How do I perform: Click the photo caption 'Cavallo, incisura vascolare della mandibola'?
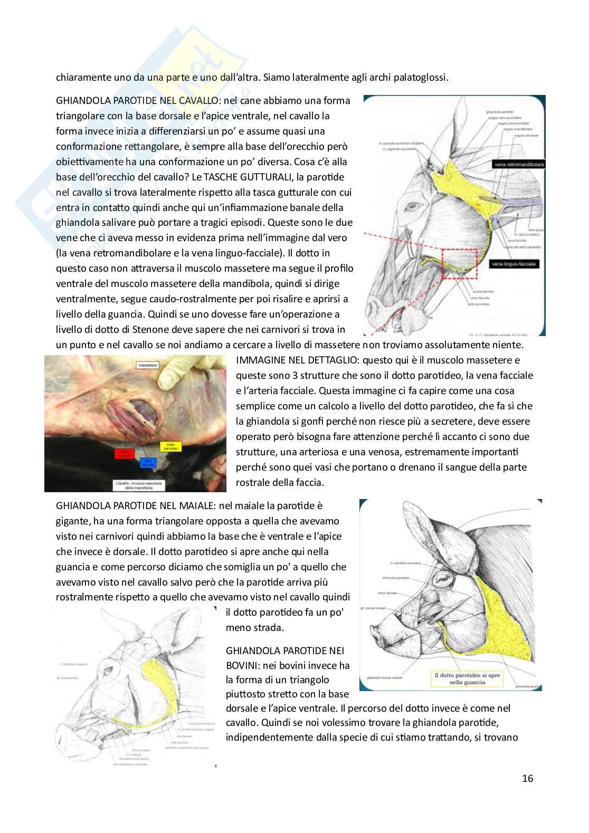(141, 485)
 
